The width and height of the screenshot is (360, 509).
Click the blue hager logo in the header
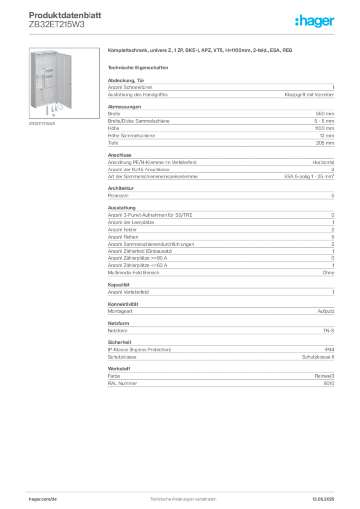click(x=316, y=22)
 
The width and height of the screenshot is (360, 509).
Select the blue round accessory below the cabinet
click(x=59, y=107)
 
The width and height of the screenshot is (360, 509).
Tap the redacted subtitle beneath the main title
click(x=139, y=67)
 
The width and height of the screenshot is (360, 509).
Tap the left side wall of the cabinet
click(x=33, y=80)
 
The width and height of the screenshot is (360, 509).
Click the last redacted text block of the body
click(x=221, y=378)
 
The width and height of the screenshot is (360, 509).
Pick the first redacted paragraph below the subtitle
click(x=221, y=88)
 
